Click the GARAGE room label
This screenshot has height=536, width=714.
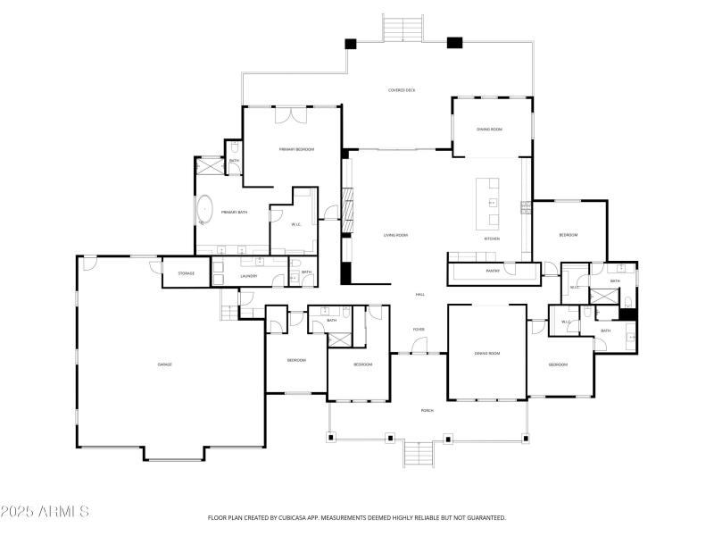pyautogui.click(x=164, y=364)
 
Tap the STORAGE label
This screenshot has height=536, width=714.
pyautogui.click(x=186, y=273)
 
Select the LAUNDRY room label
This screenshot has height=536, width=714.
pyautogui.click(x=249, y=276)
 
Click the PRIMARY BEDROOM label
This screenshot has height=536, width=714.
pyautogui.click(x=296, y=149)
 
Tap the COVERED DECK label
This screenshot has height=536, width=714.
pyautogui.click(x=402, y=90)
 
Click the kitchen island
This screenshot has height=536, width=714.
pyautogui.click(x=488, y=203)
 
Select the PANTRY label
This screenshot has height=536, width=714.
pyautogui.click(x=492, y=270)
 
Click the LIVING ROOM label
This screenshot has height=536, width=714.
pyautogui.click(x=395, y=235)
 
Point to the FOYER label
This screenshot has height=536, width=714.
pyautogui.click(x=418, y=330)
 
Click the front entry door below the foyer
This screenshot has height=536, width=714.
pyautogui.click(x=418, y=354)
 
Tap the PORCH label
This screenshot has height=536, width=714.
pyautogui.click(x=427, y=411)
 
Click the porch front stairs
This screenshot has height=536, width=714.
pyautogui.click(x=418, y=454)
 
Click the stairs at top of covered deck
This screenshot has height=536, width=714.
pyautogui.click(x=403, y=28)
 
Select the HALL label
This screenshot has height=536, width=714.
pyautogui.click(x=419, y=295)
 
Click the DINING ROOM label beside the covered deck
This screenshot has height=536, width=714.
pyautogui.click(x=489, y=130)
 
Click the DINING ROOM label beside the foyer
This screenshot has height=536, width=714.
pyautogui.click(x=486, y=354)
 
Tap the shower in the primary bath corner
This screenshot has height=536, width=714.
pyautogui.click(x=211, y=164)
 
